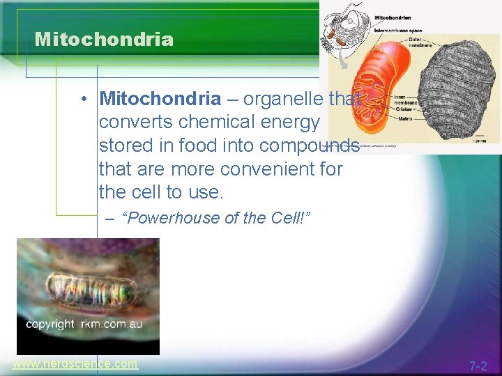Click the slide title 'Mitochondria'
104,40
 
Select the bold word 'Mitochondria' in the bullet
160,100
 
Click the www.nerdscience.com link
75,363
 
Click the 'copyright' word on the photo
50,324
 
